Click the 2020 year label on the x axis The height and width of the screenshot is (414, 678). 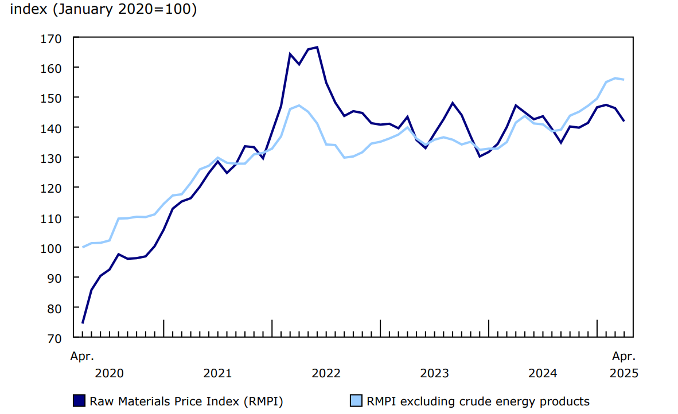click(x=109, y=373)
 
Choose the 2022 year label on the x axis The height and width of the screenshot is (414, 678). click(x=326, y=373)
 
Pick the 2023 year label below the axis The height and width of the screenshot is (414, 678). click(x=434, y=373)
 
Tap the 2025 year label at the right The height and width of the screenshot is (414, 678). click(x=624, y=373)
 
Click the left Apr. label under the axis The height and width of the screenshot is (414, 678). click(x=82, y=356)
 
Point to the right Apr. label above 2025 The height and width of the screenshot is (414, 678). click(x=624, y=356)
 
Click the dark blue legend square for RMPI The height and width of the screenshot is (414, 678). click(x=79, y=401)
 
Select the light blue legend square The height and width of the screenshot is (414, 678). click(x=356, y=401)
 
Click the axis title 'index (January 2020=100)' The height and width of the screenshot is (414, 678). click(x=103, y=10)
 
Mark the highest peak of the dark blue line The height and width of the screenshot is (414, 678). click(x=317, y=47)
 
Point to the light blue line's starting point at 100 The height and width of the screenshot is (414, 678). click(x=83, y=247)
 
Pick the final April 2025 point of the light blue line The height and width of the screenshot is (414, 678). click(x=624, y=80)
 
